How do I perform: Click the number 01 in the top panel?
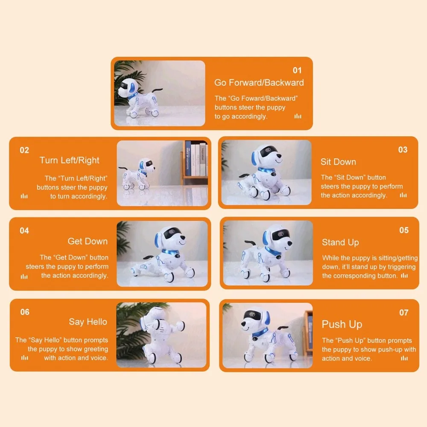pyautogui.click(x=297, y=70)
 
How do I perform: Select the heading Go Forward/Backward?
pyautogui.click(x=259, y=83)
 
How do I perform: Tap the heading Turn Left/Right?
pyautogui.click(x=69, y=161)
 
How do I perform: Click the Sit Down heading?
pyautogui.click(x=338, y=162)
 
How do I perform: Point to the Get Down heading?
pyautogui.click(x=88, y=241)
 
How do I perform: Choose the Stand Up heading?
pyautogui.click(x=340, y=243)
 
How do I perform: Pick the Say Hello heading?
pyautogui.click(x=88, y=322)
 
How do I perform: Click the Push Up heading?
pyautogui.click(x=342, y=325)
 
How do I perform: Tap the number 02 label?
pyautogui.click(x=24, y=150)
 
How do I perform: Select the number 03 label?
pyautogui.click(x=403, y=150)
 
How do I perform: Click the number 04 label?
pyautogui.click(x=24, y=231)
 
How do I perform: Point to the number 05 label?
pyautogui.click(x=404, y=231)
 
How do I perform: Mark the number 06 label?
pyautogui.click(x=25, y=312)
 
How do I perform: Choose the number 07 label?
pyautogui.click(x=404, y=313)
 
